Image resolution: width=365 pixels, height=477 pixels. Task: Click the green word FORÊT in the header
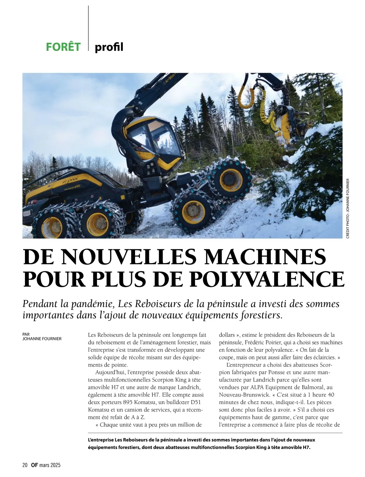63,47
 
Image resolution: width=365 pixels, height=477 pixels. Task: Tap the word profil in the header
109,47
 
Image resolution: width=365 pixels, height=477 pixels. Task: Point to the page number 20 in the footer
25,465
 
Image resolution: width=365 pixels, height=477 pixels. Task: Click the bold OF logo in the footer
34,465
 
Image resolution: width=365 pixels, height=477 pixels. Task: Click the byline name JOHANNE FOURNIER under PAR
42,339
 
